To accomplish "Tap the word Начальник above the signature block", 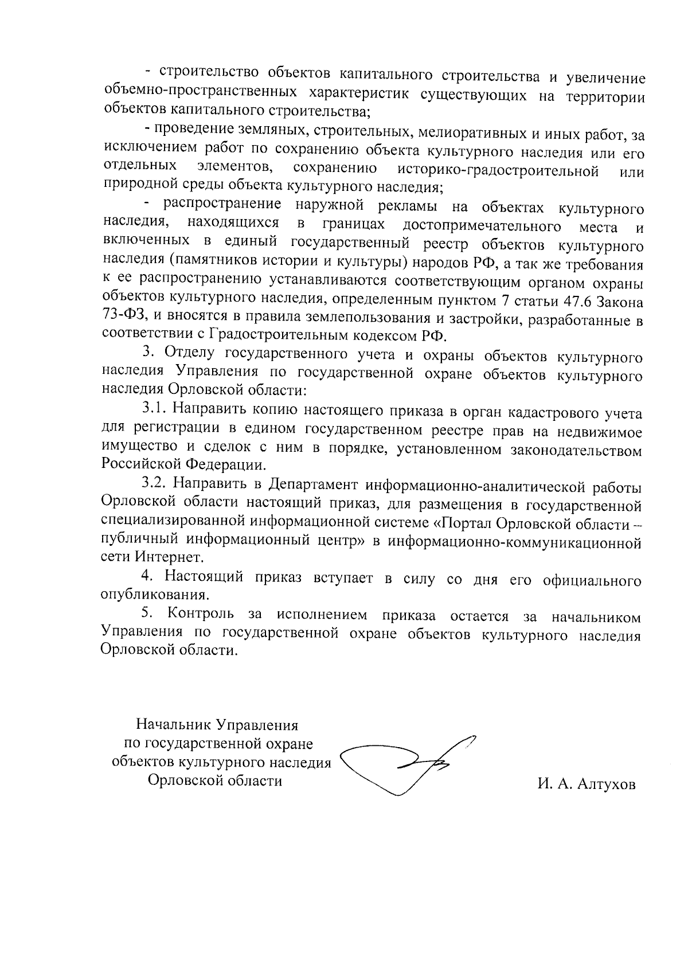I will [174, 724].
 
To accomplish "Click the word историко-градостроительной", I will [498, 170].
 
